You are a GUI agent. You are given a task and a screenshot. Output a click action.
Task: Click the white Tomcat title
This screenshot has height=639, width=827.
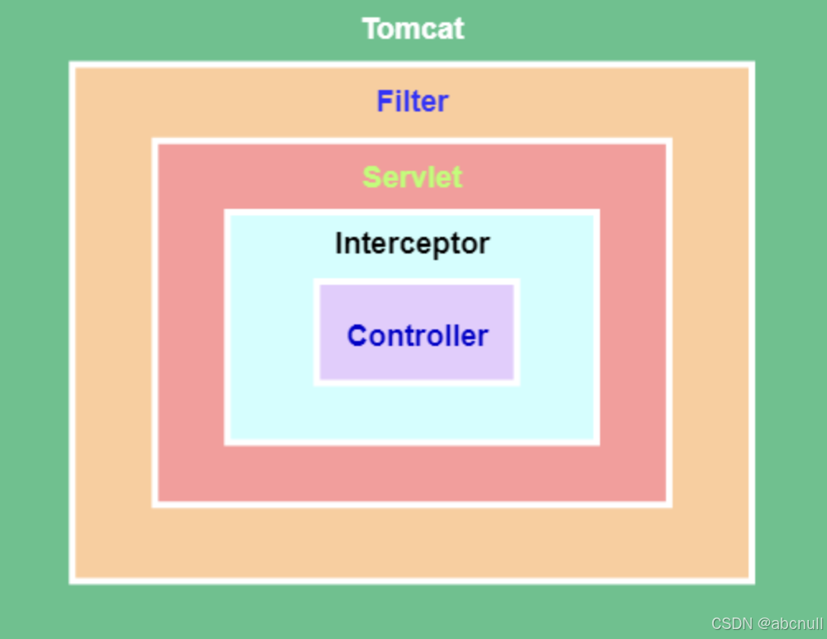pyautogui.click(x=413, y=29)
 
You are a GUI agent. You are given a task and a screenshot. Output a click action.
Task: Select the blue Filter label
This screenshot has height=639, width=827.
pyautogui.click(x=413, y=102)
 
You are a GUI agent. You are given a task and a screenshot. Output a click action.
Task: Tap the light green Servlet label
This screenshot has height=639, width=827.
pyautogui.click(x=413, y=177)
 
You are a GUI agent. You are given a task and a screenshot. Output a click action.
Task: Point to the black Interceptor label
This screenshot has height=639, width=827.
pyautogui.click(x=412, y=244)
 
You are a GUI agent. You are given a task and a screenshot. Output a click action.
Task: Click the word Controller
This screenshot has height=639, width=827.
pyautogui.click(x=418, y=336)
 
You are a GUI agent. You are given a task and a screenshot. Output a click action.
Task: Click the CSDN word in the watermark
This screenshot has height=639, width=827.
pyautogui.click(x=728, y=623)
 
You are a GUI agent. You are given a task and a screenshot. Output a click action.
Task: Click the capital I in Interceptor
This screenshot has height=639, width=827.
pyautogui.click(x=338, y=244)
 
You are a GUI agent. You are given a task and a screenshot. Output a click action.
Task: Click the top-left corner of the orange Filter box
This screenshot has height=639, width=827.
pyautogui.click(x=73, y=65)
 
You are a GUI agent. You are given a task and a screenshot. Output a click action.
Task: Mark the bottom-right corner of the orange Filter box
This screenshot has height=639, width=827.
pyautogui.click(x=751, y=581)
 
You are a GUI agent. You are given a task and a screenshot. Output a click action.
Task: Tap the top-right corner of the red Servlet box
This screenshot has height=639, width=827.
pyautogui.click(x=669, y=141)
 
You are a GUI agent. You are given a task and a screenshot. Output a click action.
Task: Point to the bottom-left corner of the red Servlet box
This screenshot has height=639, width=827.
pyautogui.click(x=155, y=504)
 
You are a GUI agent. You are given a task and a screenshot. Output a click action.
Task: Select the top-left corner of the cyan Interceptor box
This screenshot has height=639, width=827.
pyautogui.click(x=227, y=212)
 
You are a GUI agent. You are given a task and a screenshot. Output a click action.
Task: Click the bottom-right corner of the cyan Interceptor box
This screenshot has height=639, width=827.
pyautogui.click(x=597, y=443)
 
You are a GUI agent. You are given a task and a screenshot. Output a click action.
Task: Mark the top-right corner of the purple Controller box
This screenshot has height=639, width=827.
pyautogui.click(x=516, y=282)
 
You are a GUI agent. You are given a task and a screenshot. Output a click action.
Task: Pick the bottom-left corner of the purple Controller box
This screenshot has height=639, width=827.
pyautogui.click(x=317, y=382)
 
